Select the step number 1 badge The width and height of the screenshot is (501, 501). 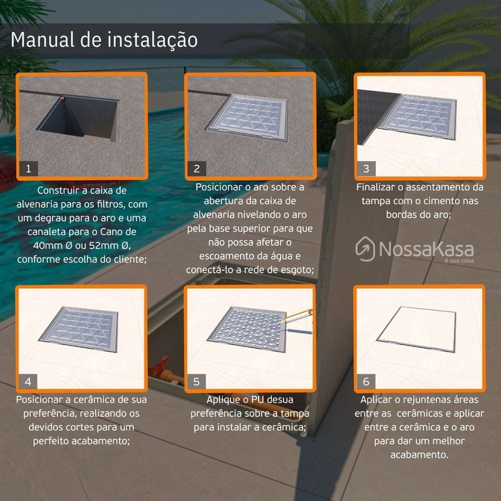click(x=28, y=168)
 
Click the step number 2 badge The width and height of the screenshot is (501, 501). click(x=197, y=168)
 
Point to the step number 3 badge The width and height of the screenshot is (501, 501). click(x=366, y=168)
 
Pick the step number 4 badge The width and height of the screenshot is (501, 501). click(x=28, y=381)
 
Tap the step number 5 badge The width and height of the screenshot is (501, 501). click(x=197, y=381)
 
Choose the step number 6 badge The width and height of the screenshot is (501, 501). click(x=366, y=381)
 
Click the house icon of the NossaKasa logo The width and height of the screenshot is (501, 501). click(x=365, y=249)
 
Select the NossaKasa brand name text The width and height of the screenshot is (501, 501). click(x=426, y=249)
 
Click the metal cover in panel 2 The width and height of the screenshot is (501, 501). click(x=247, y=117)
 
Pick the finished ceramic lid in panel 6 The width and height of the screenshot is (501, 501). click(x=417, y=329)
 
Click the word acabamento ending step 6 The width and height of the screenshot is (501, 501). click(x=420, y=455)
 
